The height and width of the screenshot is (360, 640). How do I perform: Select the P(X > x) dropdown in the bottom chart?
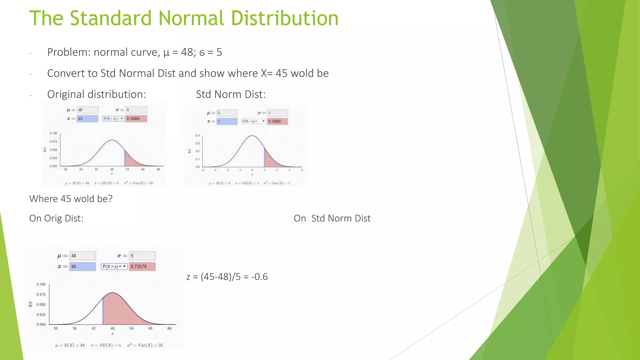(114, 267)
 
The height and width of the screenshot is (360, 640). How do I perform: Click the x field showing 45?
(82, 267)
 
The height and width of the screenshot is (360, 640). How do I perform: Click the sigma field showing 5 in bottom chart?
(142, 256)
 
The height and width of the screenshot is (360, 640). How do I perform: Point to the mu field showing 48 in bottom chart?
(82, 256)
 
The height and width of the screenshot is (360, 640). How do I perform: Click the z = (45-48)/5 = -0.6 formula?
(227, 277)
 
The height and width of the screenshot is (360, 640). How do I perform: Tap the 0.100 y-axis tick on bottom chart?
(41, 284)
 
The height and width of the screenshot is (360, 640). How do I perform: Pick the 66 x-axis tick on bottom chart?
(169, 328)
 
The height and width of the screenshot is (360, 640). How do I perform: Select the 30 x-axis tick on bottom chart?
(56, 328)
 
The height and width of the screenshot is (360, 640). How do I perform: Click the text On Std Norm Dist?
(332, 218)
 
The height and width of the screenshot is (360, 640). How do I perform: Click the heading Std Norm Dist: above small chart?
(231, 94)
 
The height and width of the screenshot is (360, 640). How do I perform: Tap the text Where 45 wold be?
(71, 199)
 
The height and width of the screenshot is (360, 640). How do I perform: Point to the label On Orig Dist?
(56, 218)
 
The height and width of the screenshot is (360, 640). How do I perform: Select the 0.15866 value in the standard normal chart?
(277, 121)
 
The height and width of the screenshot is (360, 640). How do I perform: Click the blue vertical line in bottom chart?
(103, 311)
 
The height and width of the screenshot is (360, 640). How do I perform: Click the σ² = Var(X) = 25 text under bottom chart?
(145, 345)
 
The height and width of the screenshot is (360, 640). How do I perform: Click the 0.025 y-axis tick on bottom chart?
(41, 315)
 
